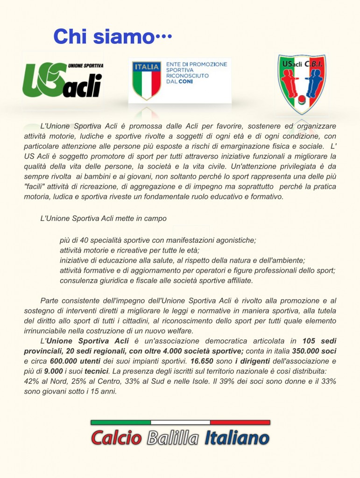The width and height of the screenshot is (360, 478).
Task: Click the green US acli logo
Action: (63, 80)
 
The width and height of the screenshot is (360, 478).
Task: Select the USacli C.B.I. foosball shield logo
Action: (301, 83)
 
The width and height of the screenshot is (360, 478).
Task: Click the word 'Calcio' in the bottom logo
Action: (116, 438)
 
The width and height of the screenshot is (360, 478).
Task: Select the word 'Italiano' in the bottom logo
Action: (237, 438)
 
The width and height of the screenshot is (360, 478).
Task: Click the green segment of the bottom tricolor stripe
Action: (120, 422)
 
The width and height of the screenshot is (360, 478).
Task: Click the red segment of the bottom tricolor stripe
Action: (240, 422)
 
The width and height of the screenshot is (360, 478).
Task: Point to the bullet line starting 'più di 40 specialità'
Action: (158, 240)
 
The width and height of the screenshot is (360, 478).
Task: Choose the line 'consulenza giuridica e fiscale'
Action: (156, 281)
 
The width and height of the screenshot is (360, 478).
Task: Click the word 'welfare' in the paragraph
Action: (181, 331)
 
